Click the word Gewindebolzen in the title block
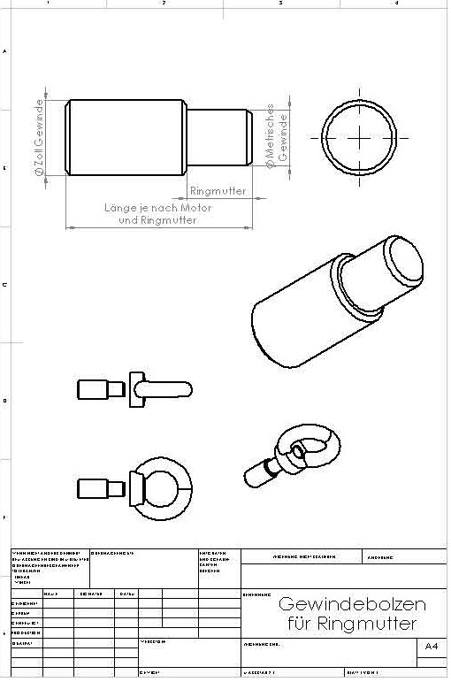click(x=352, y=605)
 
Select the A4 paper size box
click(x=431, y=648)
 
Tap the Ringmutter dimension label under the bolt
click(x=218, y=191)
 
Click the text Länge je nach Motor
click(x=158, y=207)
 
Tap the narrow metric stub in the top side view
click(x=216, y=138)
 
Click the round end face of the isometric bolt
click(x=403, y=261)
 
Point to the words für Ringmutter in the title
click(x=352, y=625)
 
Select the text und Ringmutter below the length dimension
click(x=157, y=219)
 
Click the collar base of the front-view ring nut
click(x=135, y=489)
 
